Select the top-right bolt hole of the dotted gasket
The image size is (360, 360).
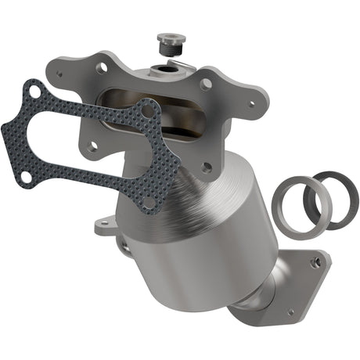point(146,111)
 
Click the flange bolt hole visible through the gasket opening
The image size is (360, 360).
point(92,146)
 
